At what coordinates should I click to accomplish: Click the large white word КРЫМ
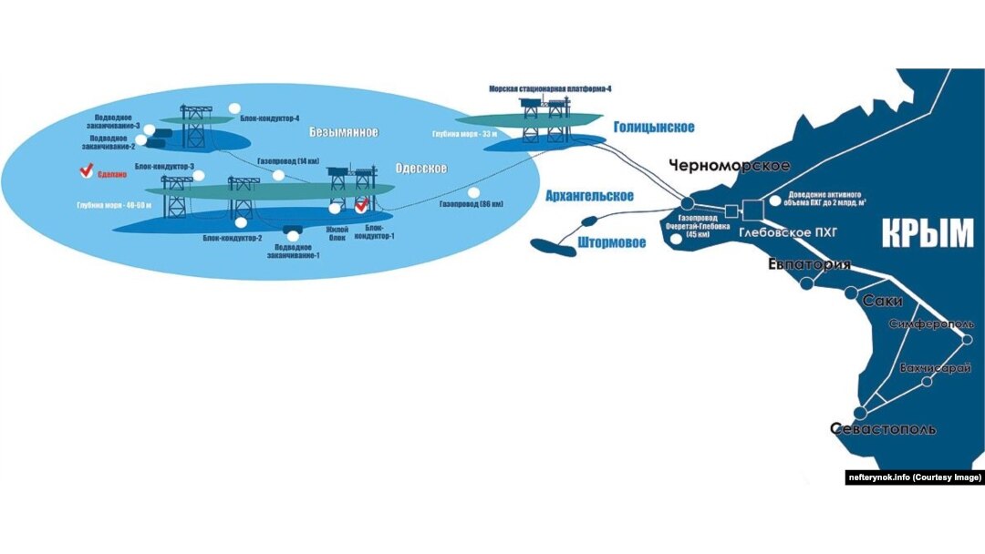coord(928,234)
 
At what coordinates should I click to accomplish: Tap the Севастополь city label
coord(884,429)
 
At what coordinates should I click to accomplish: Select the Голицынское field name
coord(653,128)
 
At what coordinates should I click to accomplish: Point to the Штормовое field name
coord(612,242)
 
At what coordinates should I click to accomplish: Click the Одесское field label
coord(420,169)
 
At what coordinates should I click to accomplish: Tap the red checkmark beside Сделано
coord(88,169)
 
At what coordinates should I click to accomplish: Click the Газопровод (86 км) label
coord(471,204)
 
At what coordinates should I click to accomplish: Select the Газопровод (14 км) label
coord(288,161)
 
